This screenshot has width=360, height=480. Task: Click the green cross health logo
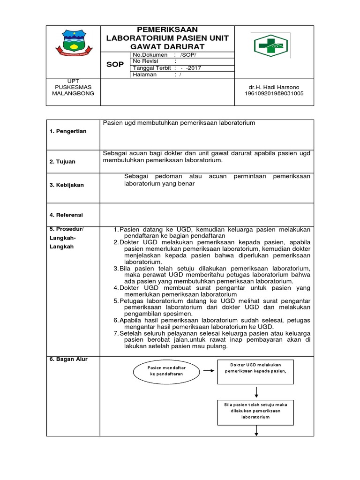click(271, 45)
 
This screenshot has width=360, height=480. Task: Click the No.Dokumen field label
click(150, 55)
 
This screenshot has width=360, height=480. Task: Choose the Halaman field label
click(145, 74)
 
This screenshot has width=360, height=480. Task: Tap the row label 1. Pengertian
click(68, 131)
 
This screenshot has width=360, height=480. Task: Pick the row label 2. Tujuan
click(62, 161)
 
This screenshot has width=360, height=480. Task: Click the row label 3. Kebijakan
click(67, 185)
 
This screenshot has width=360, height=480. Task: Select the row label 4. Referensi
click(66, 215)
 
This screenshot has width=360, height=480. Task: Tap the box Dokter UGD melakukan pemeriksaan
click(255, 367)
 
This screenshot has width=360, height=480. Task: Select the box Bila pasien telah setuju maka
click(255, 410)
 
